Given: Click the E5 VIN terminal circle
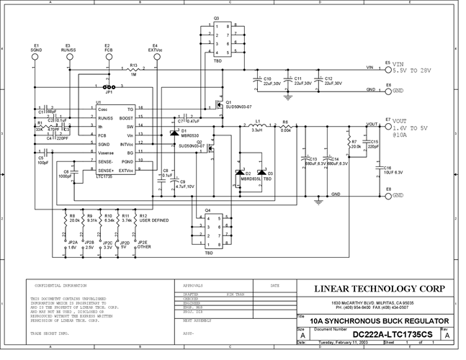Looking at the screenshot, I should click(389, 70).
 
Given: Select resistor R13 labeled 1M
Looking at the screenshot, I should click(133, 70).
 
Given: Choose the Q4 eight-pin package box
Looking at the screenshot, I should click(209, 232).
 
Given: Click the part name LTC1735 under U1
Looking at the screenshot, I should click(107, 176).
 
